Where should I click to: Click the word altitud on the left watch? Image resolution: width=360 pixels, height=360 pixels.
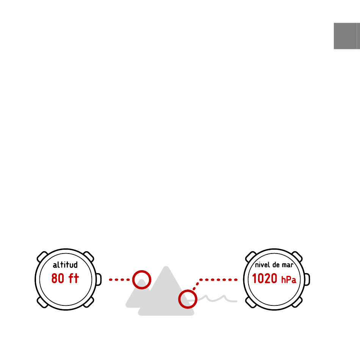tap(65, 265)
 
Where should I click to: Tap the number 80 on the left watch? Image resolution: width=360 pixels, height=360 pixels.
tap(58, 278)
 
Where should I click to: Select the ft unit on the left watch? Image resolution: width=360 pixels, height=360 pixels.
tap(74, 278)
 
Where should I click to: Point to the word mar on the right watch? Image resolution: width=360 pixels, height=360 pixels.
tap(288, 265)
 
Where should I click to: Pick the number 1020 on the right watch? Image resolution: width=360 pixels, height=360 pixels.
tap(265, 278)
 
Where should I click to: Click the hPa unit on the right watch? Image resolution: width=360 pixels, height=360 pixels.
tap(289, 280)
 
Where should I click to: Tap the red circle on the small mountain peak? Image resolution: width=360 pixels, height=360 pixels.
tap(142, 271)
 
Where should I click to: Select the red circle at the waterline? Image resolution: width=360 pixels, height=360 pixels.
tap(188, 290)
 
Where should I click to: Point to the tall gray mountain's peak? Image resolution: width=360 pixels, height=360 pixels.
tap(166, 267)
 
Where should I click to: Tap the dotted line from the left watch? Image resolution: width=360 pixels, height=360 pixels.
tap(119, 280)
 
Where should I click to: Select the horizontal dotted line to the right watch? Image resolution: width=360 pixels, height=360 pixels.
tap(218, 280)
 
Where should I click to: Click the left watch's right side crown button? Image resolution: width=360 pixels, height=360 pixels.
tap(99, 279)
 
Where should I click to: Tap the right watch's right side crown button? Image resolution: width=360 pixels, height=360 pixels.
tap(307, 279)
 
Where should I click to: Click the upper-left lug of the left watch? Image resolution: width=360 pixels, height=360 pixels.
tap(42, 257)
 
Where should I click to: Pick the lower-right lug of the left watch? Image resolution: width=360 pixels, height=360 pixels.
tap(89, 302)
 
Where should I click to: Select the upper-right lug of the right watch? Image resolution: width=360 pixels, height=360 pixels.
tap(297, 257)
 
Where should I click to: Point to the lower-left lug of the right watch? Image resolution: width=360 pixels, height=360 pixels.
tap(251, 302)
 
